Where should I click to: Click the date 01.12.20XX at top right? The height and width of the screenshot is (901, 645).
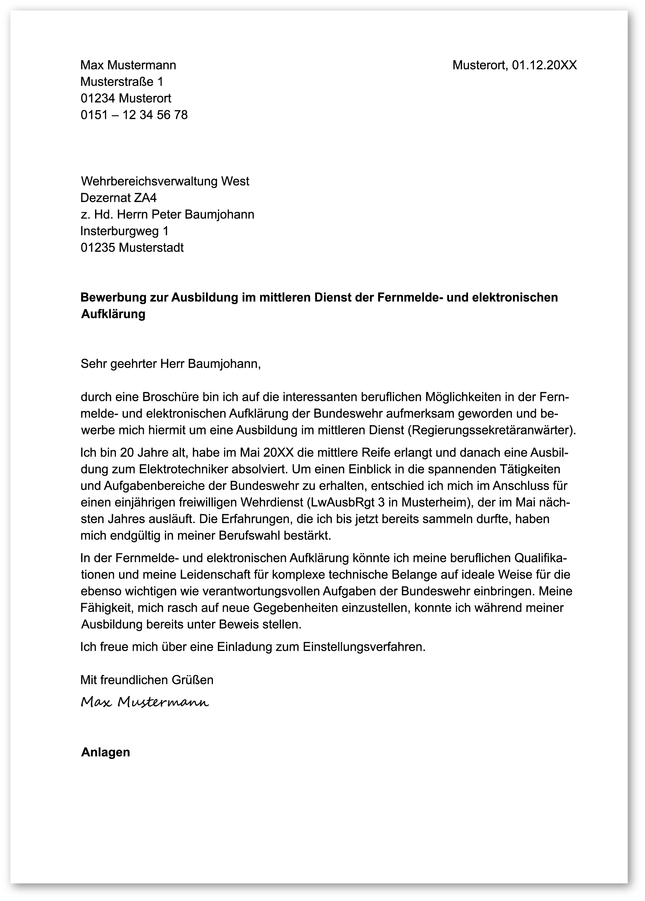pos(544,65)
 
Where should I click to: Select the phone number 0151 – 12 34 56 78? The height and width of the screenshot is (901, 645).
pos(134,115)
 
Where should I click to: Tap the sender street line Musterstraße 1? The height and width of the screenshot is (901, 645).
pos(122,82)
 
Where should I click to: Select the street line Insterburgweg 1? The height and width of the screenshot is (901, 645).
pos(124,231)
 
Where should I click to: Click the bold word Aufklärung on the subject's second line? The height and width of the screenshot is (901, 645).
pos(113,314)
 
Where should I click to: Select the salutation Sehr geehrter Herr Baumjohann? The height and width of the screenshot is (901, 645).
pos(170,364)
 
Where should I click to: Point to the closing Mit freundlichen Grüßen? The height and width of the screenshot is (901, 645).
pos(147,680)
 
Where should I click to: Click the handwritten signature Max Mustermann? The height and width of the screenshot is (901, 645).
pos(145,702)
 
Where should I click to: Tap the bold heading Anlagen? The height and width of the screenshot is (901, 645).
pos(106,752)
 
